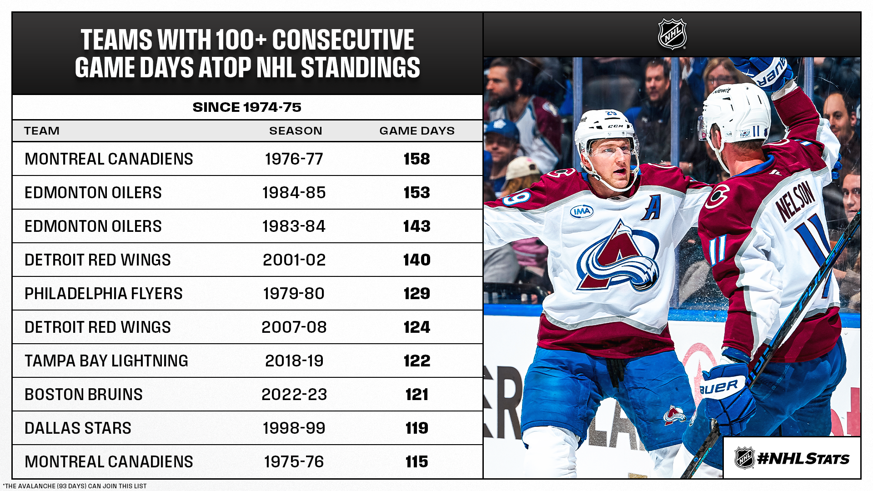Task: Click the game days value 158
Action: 416,159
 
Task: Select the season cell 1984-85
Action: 294,193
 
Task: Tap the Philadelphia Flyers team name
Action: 104,294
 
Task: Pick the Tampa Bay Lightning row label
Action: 106,361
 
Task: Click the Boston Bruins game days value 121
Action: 416,395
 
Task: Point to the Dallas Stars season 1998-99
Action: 294,428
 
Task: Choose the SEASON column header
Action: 296,131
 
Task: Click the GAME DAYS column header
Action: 417,131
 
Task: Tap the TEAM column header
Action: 42,131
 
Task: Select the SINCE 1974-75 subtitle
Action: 247,107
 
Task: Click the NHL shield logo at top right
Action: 672,34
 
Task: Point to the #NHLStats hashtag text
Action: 803,459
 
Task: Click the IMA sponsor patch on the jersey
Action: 582,211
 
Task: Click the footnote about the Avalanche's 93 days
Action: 75,486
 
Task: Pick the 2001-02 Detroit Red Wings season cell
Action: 294,260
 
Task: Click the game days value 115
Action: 416,462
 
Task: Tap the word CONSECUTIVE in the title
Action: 343,40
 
